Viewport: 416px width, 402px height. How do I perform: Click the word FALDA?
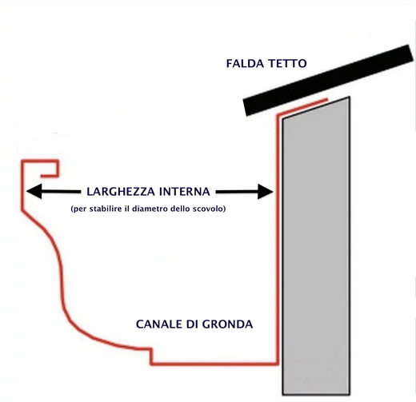[x=245, y=64]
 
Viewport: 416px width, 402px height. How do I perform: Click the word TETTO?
[x=287, y=64]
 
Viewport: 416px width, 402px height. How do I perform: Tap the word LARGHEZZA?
[x=121, y=192]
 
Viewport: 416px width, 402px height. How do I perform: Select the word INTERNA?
[x=185, y=192]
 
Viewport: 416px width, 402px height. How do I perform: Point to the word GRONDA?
[x=227, y=324]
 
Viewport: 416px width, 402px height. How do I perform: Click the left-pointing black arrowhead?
[x=34, y=191]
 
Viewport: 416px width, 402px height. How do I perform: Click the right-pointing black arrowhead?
[x=266, y=192]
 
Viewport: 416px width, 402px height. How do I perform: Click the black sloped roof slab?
[x=328, y=81]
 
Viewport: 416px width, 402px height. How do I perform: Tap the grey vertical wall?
[x=316, y=246]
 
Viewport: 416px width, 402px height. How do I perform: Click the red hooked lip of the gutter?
[x=40, y=161]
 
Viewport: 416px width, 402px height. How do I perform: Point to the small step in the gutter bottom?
[x=152, y=356]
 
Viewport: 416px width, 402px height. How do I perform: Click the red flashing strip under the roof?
[x=302, y=107]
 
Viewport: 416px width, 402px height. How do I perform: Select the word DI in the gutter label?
[x=192, y=324]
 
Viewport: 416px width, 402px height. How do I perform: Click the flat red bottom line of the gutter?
[x=214, y=363]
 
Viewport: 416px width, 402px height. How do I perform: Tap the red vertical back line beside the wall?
[x=278, y=240]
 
